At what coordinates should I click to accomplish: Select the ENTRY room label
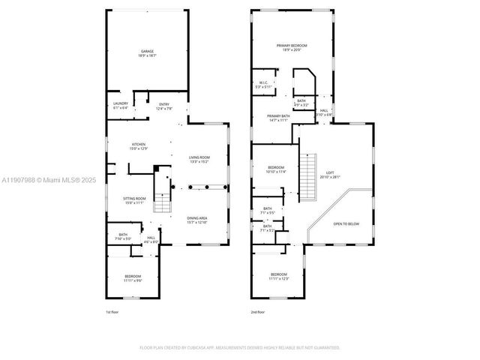pos(163,106)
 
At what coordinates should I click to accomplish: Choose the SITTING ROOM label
pos(133,200)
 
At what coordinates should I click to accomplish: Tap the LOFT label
pos(329,175)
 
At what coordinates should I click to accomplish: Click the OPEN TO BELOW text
pos(346,223)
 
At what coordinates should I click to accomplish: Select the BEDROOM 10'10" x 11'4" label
pos(276,169)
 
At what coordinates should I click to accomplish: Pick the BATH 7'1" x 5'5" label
pos(268,211)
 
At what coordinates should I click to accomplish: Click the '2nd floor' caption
pos(258,312)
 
